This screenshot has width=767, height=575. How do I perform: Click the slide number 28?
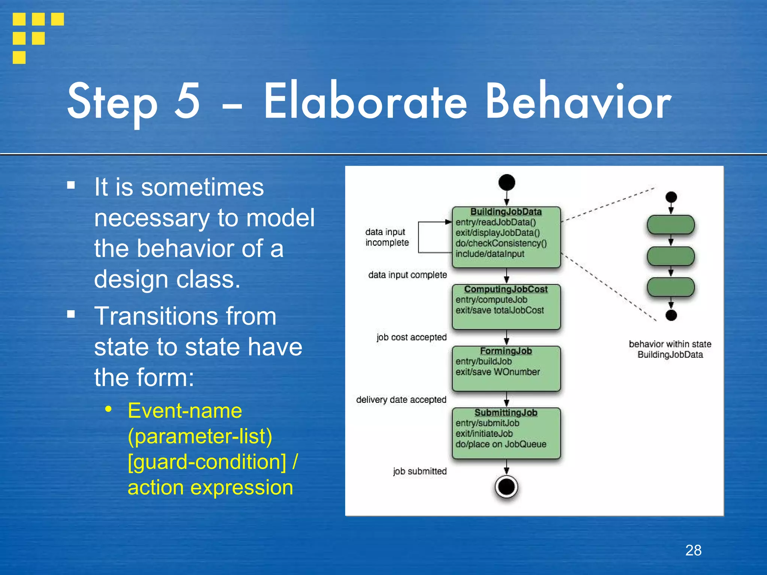pos(693,550)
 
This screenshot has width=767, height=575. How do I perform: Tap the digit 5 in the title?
pos(187,101)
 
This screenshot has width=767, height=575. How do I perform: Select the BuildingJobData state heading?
pos(506,212)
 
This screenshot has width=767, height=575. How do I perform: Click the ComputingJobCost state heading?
pos(506,289)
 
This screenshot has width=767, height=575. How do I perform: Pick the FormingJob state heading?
pos(506,351)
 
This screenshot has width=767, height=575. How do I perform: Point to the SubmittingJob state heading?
pos(506,413)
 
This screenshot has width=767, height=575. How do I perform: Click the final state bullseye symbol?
pos(506,487)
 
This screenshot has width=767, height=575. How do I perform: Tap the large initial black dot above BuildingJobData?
pos(507,183)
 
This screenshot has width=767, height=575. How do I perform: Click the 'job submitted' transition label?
pos(419,471)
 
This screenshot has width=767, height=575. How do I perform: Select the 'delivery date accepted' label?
pos(401,400)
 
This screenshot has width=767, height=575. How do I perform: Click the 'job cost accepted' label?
pos(411,337)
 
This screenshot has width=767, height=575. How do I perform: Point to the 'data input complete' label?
pos(407,275)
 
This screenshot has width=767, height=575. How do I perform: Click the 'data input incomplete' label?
pos(386,237)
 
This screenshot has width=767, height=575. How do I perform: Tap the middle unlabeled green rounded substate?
pos(671,256)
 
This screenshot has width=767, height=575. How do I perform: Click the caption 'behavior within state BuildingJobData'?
pos(670,349)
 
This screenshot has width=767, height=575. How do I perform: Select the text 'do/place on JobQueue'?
pos(501,444)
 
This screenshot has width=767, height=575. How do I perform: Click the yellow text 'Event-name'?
pos(185,411)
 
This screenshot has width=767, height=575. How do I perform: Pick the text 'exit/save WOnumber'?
pos(498,372)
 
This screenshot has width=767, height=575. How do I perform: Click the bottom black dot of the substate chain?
pos(671,316)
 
